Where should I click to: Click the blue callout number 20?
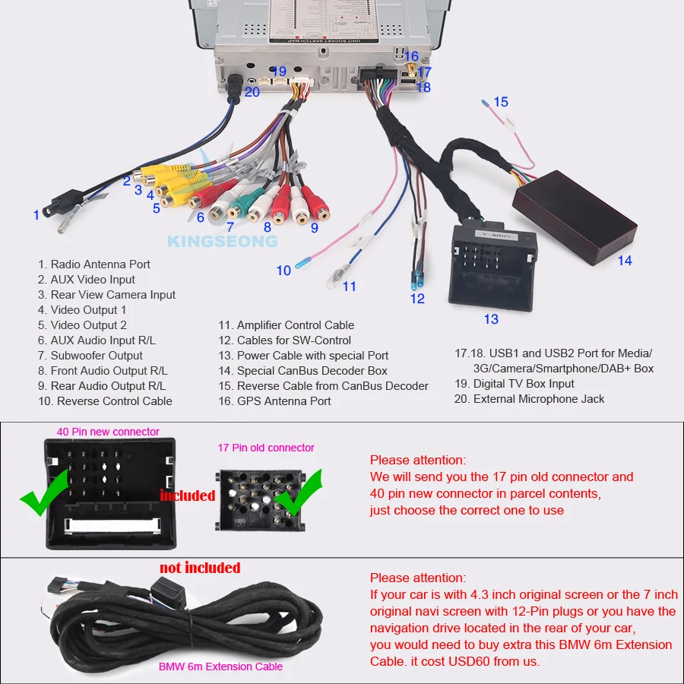tap(252, 92)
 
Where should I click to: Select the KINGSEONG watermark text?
tap(222, 241)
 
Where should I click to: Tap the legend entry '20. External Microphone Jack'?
tap(529, 399)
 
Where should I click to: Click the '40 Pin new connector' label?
tap(108, 432)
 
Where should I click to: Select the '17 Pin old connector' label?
tap(266, 448)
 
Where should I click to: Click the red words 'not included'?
tap(200, 568)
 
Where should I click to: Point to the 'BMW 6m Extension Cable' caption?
tap(220, 667)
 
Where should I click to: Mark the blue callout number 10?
tap(283, 271)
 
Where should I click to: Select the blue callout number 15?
tap(500, 102)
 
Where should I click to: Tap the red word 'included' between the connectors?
tap(188, 496)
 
